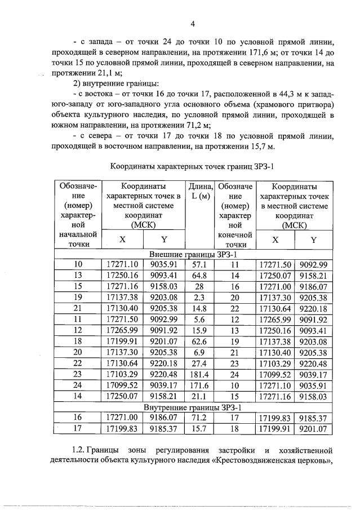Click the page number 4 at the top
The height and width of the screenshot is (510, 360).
[193, 24]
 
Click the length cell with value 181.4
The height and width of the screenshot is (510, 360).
[200, 372]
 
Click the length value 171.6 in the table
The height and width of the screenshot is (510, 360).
[200, 384]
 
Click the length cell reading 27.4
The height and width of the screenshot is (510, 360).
[200, 361]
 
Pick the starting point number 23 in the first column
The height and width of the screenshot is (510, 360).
[78, 372]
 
